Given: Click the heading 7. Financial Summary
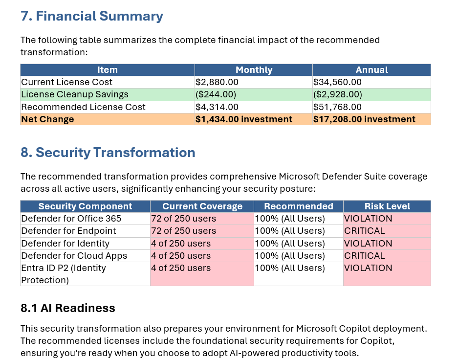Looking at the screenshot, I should click(x=91, y=16).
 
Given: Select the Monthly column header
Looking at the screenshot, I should click(x=253, y=70).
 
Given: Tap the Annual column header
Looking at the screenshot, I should click(x=371, y=70).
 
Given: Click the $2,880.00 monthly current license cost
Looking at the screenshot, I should click(x=217, y=82).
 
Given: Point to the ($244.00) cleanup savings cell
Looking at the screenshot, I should click(x=216, y=94).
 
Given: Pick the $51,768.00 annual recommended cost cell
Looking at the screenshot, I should click(x=337, y=107).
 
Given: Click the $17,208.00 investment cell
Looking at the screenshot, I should click(x=364, y=119).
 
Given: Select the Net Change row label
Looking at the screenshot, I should click(x=47, y=119).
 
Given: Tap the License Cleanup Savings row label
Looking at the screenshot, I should click(x=74, y=94).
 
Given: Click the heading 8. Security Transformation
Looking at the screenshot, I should click(x=108, y=153).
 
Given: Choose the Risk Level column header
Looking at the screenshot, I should click(x=387, y=206).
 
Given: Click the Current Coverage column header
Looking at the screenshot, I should click(x=202, y=206).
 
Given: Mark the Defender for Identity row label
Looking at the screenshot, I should click(x=65, y=243).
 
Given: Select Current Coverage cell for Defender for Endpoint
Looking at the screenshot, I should click(x=183, y=231).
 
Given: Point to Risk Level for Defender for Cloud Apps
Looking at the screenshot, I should click(x=364, y=255).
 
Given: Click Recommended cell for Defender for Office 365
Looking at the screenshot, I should click(x=289, y=218).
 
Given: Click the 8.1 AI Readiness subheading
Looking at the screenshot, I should click(x=67, y=308).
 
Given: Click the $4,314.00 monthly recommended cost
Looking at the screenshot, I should click(x=217, y=107).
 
